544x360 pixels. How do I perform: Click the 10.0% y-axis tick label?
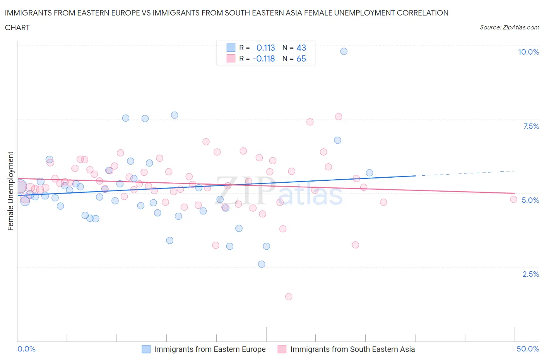click(x=528, y=52)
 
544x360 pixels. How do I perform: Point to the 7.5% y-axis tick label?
click(x=531, y=126)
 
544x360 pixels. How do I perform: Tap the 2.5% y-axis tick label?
click(x=530, y=274)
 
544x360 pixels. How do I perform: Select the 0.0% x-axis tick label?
click(x=27, y=349)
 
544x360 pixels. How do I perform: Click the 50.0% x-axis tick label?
click(x=528, y=349)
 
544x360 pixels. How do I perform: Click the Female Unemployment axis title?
click(x=11, y=191)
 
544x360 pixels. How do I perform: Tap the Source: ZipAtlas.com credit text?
click(x=509, y=27)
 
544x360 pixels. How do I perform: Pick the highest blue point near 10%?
click(x=344, y=51)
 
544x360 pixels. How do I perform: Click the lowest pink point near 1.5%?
click(x=289, y=297)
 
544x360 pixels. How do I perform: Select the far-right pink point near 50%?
click(x=513, y=199)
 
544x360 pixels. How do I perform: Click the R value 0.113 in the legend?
click(x=265, y=48)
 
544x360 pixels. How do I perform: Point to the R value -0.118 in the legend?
click(x=263, y=58)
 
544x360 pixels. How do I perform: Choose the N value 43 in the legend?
click(x=301, y=48)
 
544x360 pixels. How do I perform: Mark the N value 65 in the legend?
click(x=301, y=58)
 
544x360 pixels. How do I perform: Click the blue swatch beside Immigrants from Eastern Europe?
click(x=146, y=349)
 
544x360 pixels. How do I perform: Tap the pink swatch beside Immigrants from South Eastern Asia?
click(x=282, y=349)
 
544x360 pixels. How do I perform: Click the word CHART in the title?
click(x=17, y=27)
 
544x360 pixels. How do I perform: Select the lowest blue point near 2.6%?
click(x=262, y=264)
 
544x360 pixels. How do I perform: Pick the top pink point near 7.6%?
click(x=339, y=117)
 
